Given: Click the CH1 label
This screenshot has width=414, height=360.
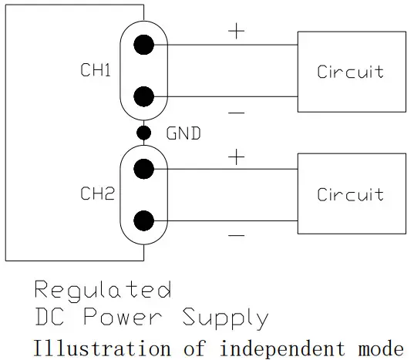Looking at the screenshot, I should [x=96, y=71].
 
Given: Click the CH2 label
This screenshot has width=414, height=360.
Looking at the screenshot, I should [x=97, y=194].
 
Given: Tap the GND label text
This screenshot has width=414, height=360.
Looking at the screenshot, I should [x=183, y=133].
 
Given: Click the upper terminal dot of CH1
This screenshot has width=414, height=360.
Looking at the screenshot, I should [x=143, y=45].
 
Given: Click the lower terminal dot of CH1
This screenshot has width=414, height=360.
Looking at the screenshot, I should [x=143, y=96].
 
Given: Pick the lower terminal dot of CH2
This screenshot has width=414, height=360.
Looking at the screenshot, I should [x=143, y=220].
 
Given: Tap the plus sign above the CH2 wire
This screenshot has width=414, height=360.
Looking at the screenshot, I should [x=236, y=157].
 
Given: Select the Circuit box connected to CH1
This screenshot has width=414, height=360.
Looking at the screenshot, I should [x=351, y=71].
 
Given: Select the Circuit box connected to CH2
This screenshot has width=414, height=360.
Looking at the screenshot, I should [x=351, y=193].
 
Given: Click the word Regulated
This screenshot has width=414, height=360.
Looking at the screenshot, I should [x=103, y=291].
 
